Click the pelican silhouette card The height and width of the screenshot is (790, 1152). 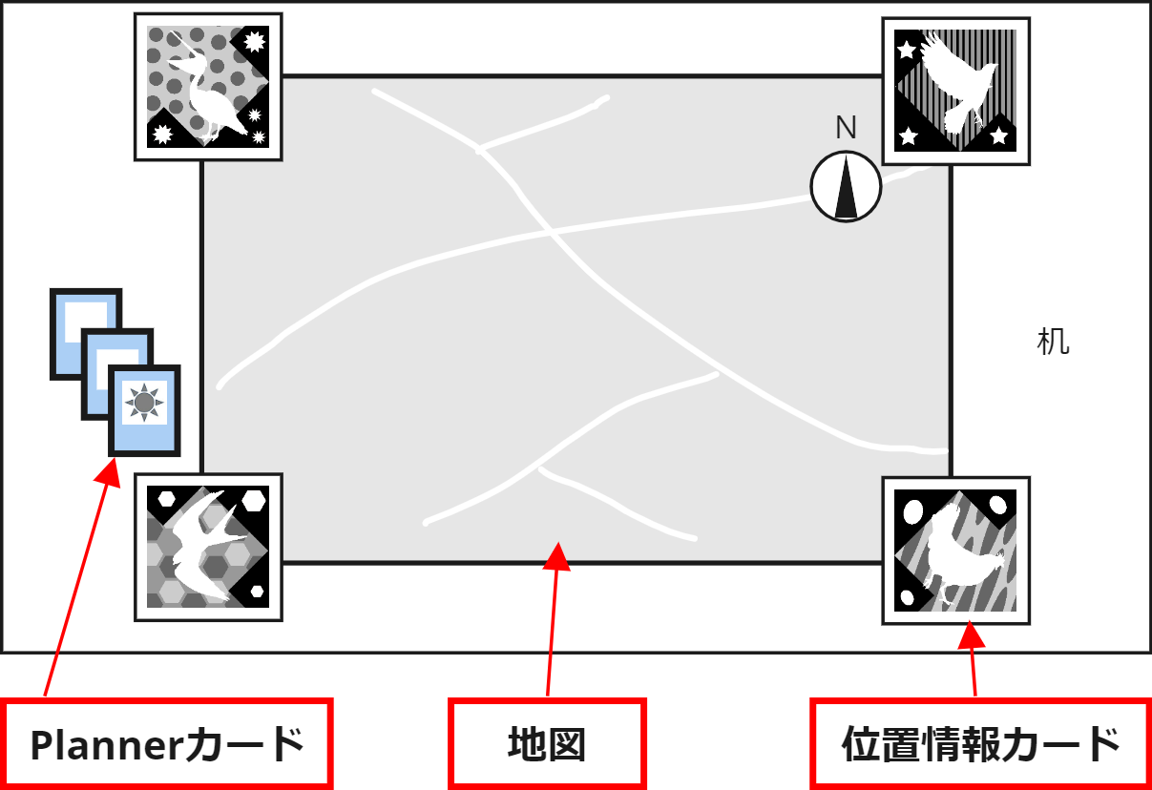coord(208,87)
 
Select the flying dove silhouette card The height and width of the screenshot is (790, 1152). coord(956,91)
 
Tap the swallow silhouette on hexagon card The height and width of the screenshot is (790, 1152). coord(208,547)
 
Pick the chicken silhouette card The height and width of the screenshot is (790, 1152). coord(956,551)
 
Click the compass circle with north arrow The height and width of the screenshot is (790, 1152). coord(846,186)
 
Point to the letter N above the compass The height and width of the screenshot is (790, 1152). coord(846,128)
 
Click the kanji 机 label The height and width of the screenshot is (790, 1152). coord(1054,342)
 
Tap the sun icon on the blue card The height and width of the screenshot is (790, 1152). coord(144,403)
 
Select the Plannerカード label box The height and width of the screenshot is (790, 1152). coord(166,745)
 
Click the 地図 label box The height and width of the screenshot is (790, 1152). coord(547,745)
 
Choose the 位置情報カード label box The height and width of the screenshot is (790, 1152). coord(981,745)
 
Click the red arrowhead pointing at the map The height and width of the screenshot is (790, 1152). coord(557,556)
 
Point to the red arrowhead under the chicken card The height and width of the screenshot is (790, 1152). coord(971,634)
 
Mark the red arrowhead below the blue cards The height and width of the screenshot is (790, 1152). coord(109,473)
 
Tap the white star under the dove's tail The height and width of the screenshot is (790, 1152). coord(998,135)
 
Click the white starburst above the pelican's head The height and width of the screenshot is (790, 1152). coord(254,42)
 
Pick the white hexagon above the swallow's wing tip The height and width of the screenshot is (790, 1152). coord(254,500)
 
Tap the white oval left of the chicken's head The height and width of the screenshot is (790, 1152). coord(912,512)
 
